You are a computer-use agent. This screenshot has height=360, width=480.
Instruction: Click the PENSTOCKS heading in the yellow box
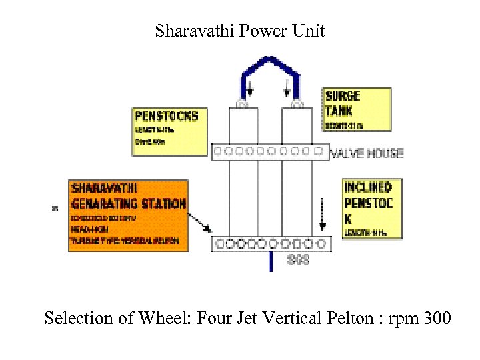click(x=166, y=116)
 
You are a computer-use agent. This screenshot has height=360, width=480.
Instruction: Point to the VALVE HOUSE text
click(x=367, y=153)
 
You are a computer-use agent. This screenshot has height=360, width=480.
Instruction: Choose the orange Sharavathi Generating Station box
click(x=128, y=213)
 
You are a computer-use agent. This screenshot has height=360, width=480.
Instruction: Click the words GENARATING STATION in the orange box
click(x=129, y=203)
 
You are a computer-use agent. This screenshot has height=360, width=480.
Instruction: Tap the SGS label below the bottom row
click(x=298, y=261)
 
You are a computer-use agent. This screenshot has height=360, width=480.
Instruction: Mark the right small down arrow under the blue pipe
click(x=288, y=87)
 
